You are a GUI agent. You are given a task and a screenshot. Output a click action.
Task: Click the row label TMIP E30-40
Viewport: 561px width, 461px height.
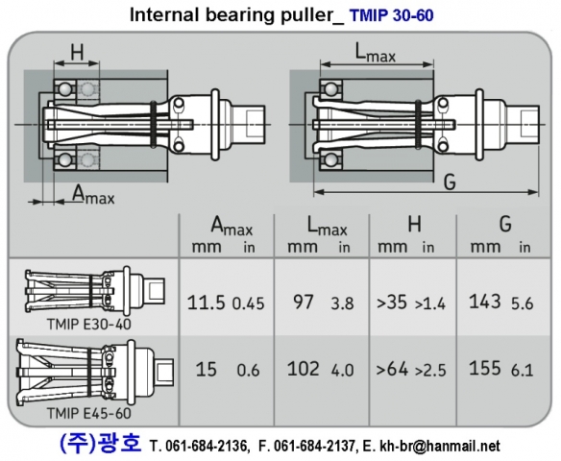tap(89, 324)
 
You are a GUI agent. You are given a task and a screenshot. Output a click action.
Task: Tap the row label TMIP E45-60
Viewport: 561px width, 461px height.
tap(89, 413)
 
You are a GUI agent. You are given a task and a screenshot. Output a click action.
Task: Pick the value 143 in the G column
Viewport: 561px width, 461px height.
tap(486, 302)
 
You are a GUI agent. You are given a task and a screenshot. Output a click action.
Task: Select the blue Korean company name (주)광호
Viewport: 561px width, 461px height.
tap(99, 445)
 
